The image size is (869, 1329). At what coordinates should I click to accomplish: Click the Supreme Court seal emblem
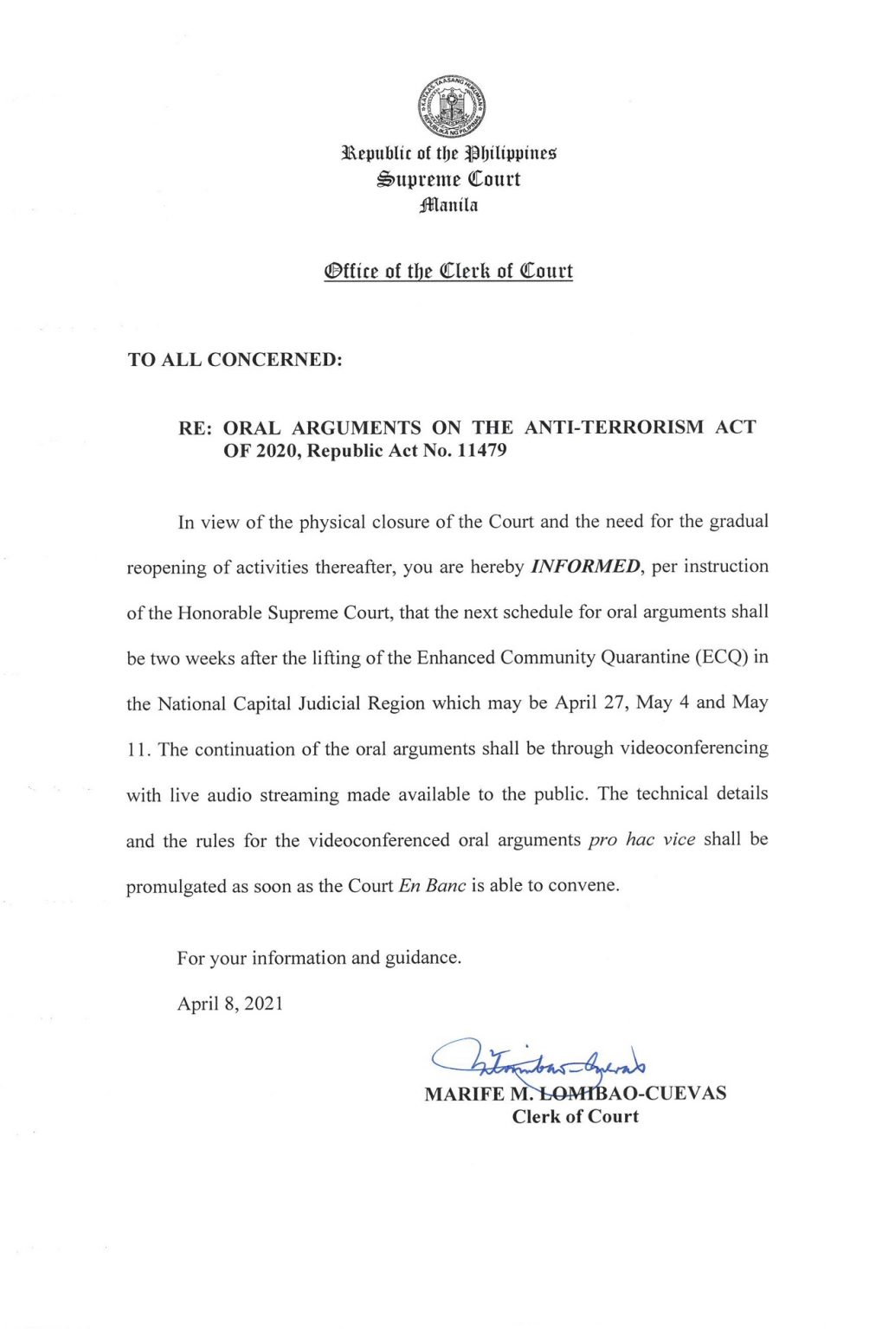tap(450, 107)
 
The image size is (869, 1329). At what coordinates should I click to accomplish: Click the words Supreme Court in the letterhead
tap(448, 179)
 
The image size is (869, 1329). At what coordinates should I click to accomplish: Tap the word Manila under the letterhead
tap(448, 205)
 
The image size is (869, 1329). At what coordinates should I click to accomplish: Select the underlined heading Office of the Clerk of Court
tap(448, 271)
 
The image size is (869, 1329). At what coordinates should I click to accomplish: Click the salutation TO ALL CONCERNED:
tap(235, 360)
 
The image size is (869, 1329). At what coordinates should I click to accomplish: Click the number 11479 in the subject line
tap(481, 451)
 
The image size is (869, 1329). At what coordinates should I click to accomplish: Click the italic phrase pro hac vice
tap(641, 840)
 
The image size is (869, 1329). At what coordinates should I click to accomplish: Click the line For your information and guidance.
tap(319, 958)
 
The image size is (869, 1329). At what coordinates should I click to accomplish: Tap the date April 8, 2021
tap(230, 1004)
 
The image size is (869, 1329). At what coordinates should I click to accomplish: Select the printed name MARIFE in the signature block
tap(464, 1094)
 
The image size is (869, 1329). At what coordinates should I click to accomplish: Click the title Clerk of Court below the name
tap(575, 1117)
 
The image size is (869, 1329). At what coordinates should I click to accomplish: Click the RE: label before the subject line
tap(196, 427)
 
